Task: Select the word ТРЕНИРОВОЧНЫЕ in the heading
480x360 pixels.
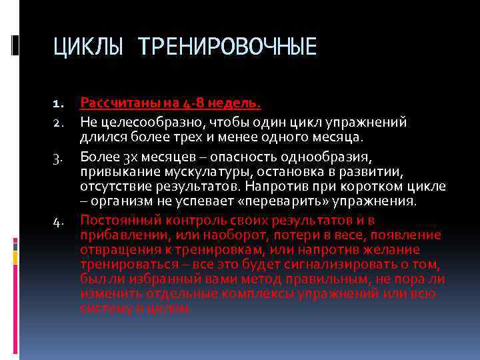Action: coord(227,47)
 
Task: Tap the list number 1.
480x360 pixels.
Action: coord(57,104)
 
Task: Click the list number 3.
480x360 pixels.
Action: coord(57,156)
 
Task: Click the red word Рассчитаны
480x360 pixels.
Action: coord(113,103)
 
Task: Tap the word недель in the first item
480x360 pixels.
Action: coord(234,103)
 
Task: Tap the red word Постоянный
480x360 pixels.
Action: coord(117,220)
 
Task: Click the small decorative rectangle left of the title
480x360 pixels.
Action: coord(15,44)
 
